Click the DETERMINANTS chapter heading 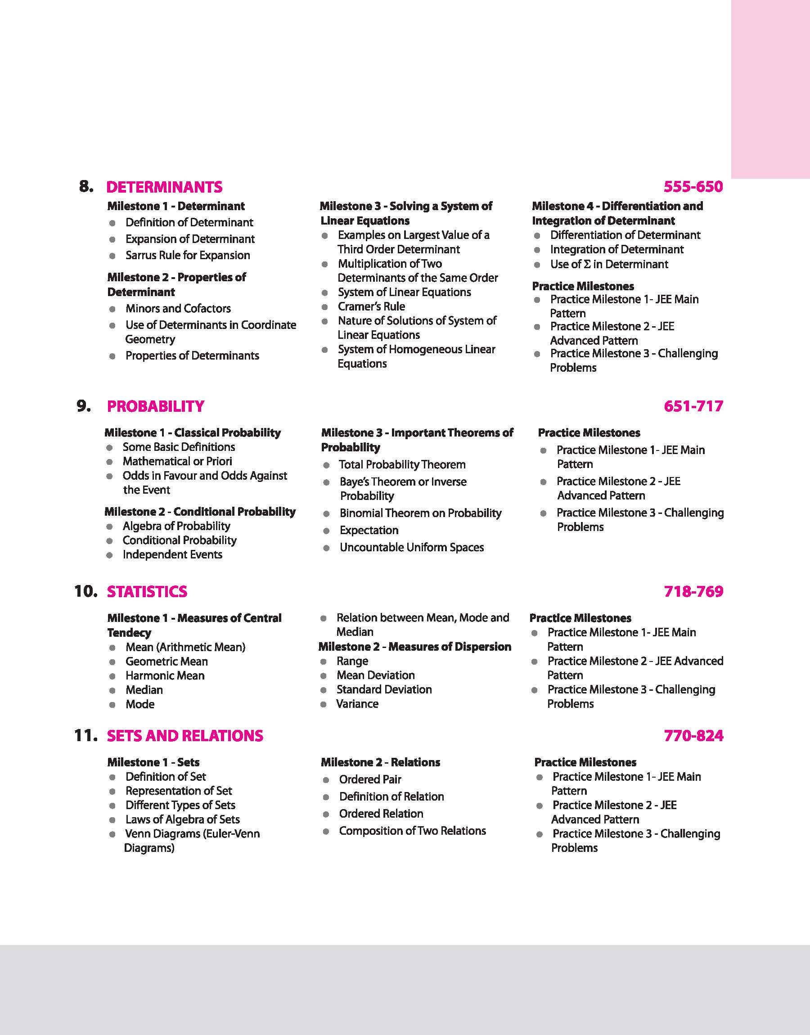pyautogui.click(x=164, y=187)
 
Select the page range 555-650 pyautogui.click(x=693, y=187)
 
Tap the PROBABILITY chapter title pyautogui.click(x=156, y=406)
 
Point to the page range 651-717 pyautogui.click(x=693, y=406)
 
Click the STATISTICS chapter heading pyautogui.click(x=147, y=592)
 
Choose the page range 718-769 pyautogui.click(x=693, y=592)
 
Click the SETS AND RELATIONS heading pyautogui.click(x=185, y=736)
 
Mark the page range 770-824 pyautogui.click(x=693, y=736)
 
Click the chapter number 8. pyautogui.click(x=86, y=186)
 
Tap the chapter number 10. pyautogui.click(x=86, y=591)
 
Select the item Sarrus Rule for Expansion pyautogui.click(x=187, y=256)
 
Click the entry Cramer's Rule pyautogui.click(x=371, y=307)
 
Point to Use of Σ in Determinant pyautogui.click(x=609, y=265)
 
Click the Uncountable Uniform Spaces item pyautogui.click(x=412, y=548)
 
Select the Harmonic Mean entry pyautogui.click(x=165, y=676)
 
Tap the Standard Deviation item pyautogui.click(x=384, y=690)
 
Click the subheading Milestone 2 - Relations pyautogui.click(x=380, y=762)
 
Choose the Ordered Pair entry pyautogui.click(x=370, y=779)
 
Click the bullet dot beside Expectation pyautogui.click(x=326, y=531)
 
